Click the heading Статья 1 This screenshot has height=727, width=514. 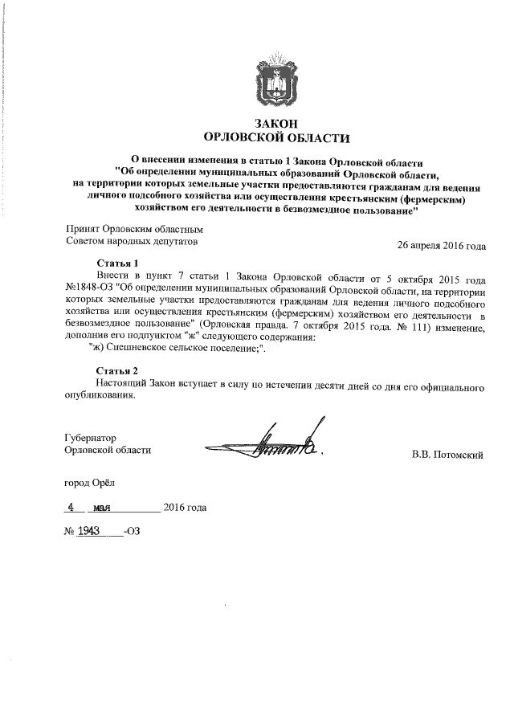118,263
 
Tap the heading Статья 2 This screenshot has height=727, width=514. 118,370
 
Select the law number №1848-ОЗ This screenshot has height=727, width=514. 89,286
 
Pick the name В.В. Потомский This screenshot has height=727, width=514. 447,455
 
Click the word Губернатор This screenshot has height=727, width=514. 91,438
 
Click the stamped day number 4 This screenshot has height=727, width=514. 71,508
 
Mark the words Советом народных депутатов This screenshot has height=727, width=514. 131,240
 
